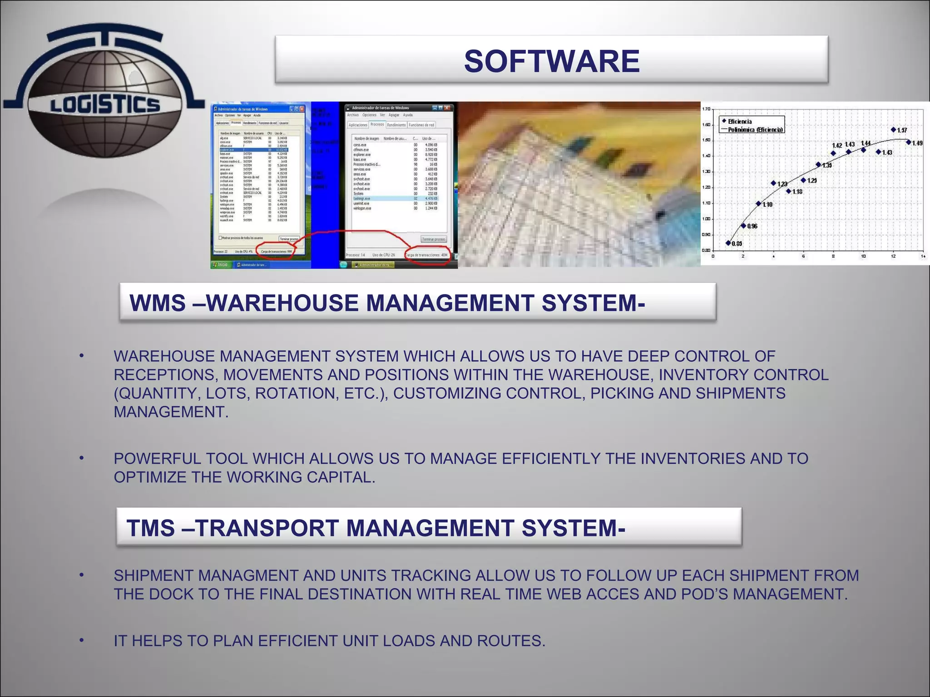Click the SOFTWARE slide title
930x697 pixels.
[x=551, y=61]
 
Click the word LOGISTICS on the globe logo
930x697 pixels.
[x=105, y=105]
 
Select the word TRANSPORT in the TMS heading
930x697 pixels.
[x=267, y=528]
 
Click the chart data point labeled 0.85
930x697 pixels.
[x=728, y=243]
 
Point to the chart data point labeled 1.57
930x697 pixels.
[x=893, y=130]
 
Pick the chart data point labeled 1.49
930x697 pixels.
[x=908, y=142]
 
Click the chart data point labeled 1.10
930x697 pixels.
[x=758, y=204]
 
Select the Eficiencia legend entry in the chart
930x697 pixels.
[x=738, y=121]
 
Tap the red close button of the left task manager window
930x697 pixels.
[x=302, y=109]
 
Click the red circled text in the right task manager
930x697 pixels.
[x=426, y=255]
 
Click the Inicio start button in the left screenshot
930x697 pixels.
[x=221, y=265]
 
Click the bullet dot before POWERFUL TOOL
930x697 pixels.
[x=82, y=458]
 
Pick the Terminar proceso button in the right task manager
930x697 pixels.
[x=434, y=239]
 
